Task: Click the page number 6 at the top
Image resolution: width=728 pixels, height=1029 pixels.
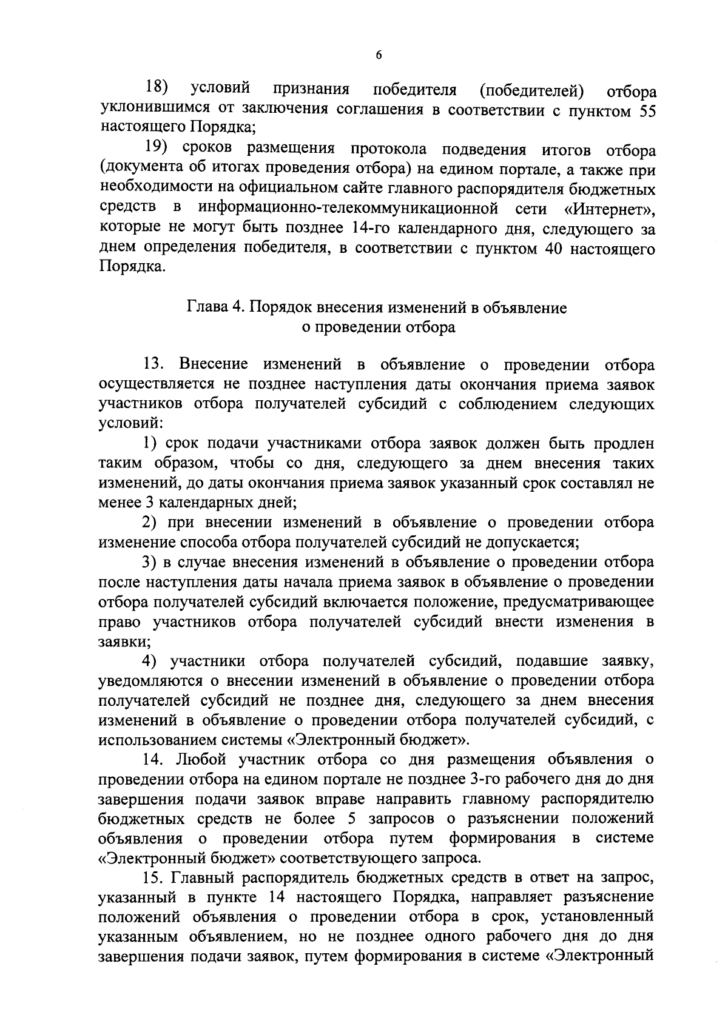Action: click(379, 55)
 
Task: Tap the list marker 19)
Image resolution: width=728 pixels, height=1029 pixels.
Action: click(156, 149)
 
